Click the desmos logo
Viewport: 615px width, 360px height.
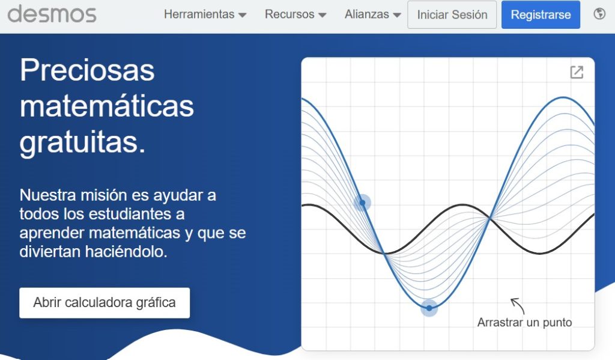point(52,14)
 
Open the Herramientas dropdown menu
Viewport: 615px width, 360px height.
point(205,14)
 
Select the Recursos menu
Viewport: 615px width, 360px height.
point(295,14)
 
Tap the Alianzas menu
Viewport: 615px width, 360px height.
point(372,14)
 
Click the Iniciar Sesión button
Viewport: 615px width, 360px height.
point(452,14)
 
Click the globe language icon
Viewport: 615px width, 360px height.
point(599,14)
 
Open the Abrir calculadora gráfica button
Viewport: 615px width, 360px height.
point(105,303)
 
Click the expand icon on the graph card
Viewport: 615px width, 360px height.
point(577,72)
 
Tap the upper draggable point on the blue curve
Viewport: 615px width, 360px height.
point(362,203)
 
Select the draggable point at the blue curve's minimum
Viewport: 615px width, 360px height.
point(429,308)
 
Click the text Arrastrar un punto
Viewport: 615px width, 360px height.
point(524,322)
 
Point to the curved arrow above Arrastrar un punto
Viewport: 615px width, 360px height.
point(517,305)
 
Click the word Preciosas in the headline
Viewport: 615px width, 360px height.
point(87,71)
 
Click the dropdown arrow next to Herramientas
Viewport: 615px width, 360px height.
point(243,15)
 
